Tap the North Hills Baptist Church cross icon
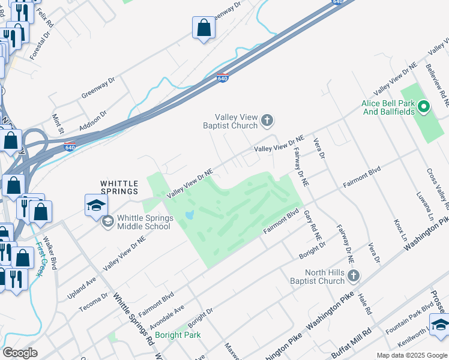click(354, 276)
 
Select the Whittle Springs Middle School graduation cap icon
click(107, 222)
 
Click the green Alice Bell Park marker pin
click(424, 108)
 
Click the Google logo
click(20, 352)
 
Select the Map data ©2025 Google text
click(411, 355)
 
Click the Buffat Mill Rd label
click(351, 340)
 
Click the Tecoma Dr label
click(94, 302)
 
